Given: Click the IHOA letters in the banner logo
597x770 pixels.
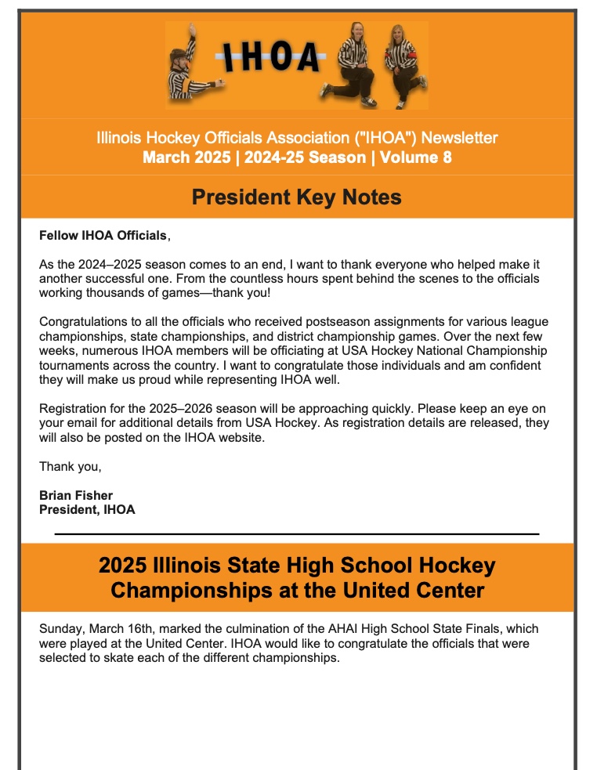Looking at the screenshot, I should (x=271, y=56).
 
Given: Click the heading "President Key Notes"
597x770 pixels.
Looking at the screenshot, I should (x=297, y=197).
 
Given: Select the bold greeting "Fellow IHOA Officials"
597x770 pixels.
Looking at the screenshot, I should (x=103, y=235).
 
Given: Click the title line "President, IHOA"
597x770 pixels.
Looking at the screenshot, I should (x=87, y=510).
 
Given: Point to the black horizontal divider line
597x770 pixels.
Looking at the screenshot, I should (x=297, y=533).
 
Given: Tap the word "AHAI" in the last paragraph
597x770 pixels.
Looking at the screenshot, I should (x=323, y=629).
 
